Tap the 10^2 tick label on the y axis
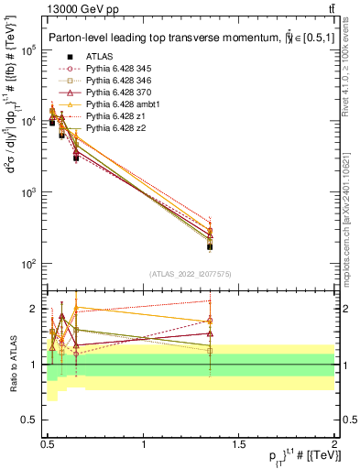(x=27, y=265)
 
